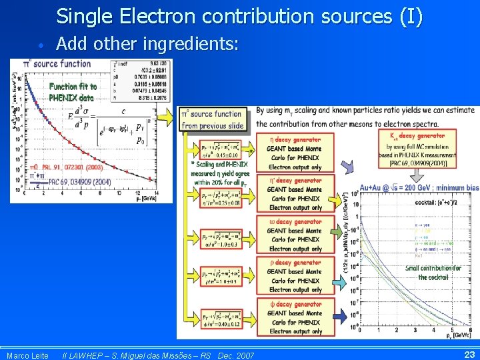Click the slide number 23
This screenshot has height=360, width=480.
pos(469,355)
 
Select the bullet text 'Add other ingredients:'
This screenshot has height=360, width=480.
pos(147,44)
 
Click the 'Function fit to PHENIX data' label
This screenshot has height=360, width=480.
pos(72,92)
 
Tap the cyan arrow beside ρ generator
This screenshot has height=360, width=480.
pos(339,284)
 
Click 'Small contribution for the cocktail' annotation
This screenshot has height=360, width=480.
pos(433,273)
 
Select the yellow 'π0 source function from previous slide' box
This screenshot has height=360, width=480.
pos(211,120)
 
